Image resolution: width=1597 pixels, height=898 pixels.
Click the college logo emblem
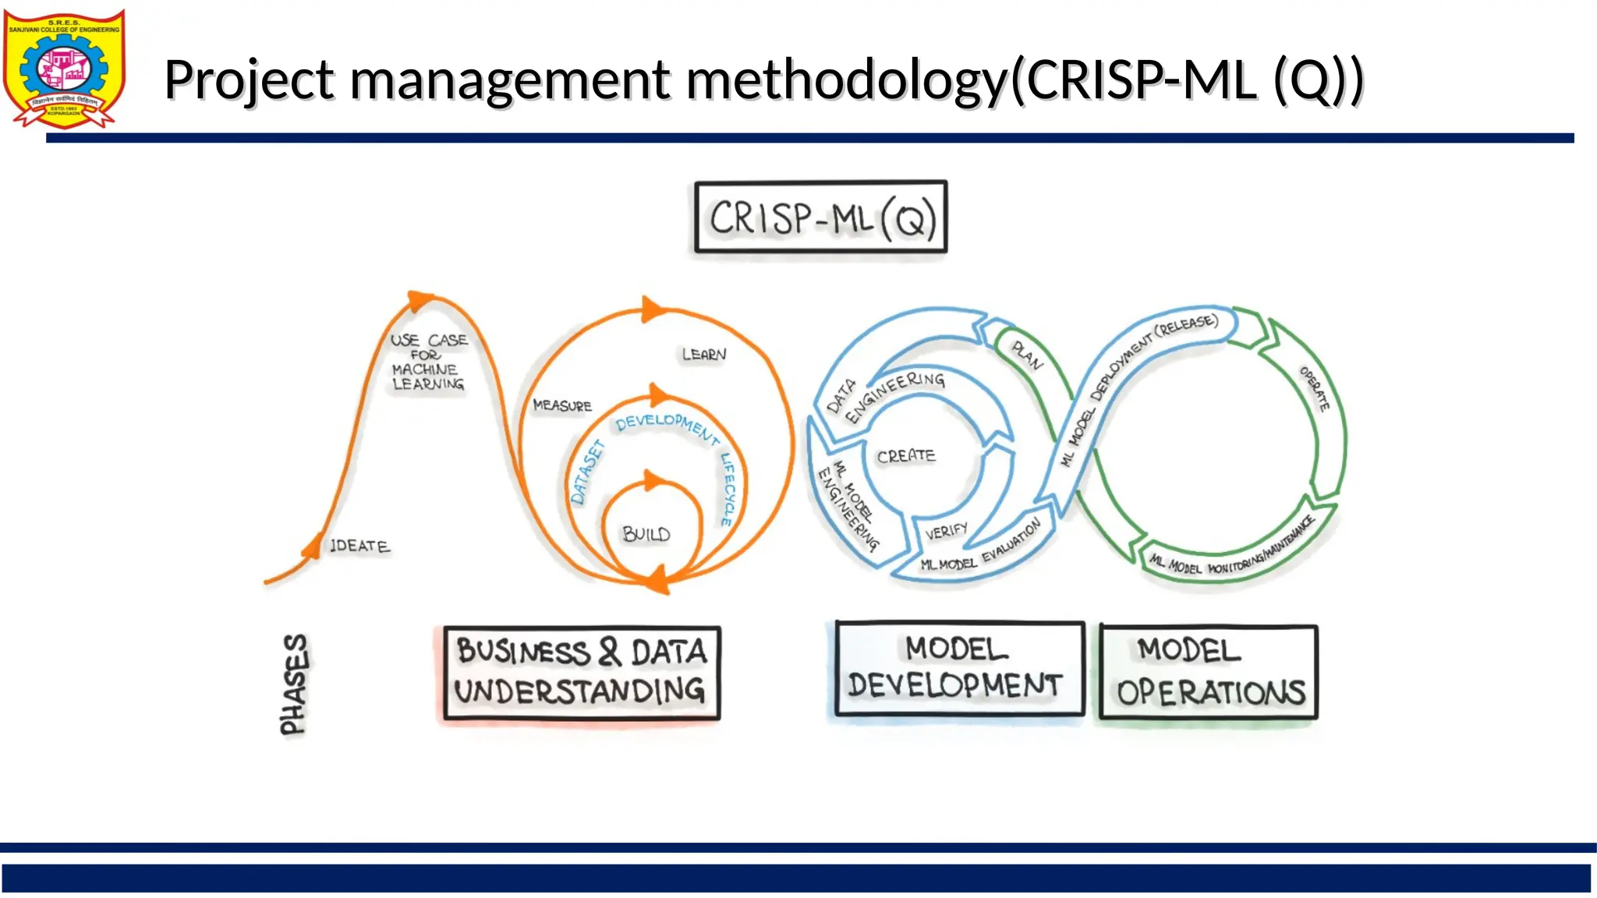pyautogui.click(x=64, y=69)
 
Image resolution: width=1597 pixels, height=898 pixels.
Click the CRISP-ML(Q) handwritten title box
pyautogui.click(x=821, y=217)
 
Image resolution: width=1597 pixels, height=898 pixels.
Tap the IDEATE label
pyautogui.click(x=359, y=546)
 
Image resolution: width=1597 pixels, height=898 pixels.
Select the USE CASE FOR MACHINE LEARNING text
pyautogui.click(x=428, y=362)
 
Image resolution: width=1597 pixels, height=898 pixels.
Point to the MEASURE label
pyautogui.click(x=562, y=405)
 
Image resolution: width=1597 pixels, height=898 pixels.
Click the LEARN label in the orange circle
pyautogui.click(x=704, y=355)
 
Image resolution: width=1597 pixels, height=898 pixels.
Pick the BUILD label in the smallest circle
pyautogui.click(x=646, y=534)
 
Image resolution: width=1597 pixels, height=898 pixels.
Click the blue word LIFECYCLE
pyautogui.click(x=728, y=489)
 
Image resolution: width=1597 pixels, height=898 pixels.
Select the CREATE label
pyautogui.click(x=905, y=455)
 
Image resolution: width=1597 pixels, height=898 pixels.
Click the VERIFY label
pyautogui.click(x=946, y=532)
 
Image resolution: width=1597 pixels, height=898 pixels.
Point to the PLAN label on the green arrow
pyautogui.click(x=1027, y=355)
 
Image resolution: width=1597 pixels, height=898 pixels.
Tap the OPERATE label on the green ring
pyautogui.click(x=1315, y=388)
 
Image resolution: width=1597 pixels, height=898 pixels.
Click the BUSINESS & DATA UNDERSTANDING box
pyautogui.click(x=582, y=672)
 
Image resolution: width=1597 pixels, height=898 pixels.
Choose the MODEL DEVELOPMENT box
pyautogui.click(x=959, y=668)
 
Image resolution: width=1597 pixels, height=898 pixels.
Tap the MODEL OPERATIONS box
pyautogui.click(x=1209, y=671)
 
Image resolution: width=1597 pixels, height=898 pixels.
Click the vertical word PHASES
pyautogui.click(x=294, y=684)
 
